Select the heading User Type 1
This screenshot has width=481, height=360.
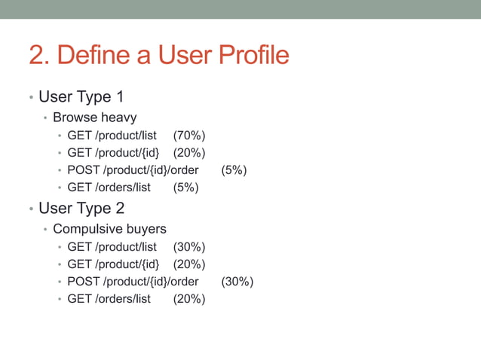point(81,97)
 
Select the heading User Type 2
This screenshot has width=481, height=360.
point(81,208)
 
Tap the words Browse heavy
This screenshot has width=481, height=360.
point(94,117)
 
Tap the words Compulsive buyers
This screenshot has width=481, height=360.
point(109,228)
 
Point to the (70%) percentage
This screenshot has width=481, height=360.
point(189,136)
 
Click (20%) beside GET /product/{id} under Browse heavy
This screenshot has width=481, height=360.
point(189,153)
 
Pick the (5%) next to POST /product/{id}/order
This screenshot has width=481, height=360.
point(234,170)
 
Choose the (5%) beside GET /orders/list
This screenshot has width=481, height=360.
point(186,188)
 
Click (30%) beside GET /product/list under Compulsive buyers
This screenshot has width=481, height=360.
point(189,246)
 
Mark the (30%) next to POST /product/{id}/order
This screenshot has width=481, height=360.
point(237,282)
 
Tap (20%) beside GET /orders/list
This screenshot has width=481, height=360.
point(189,299)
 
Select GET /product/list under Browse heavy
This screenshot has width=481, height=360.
point(112,136)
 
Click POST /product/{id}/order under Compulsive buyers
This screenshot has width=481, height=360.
point(133,282)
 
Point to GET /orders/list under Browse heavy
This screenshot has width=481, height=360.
point(109,188)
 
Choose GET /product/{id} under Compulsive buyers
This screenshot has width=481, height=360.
point(113,264)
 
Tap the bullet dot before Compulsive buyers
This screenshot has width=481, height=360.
point(45,229)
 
